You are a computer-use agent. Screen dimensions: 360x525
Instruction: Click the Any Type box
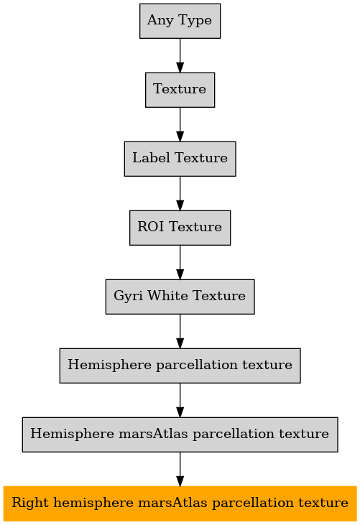(x=180, y=21)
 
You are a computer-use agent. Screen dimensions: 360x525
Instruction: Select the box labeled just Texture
(x=180, y=90)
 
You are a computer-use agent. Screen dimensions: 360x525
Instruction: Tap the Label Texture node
(x=180, y=159)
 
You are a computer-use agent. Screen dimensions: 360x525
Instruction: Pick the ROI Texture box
(x=180, y=228)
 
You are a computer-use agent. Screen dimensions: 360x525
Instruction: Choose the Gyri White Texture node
(x=180, y=297)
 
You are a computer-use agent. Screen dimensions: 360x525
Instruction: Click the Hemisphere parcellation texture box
(x=180, y=366)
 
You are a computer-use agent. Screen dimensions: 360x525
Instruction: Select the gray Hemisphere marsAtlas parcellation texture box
(x=180, y=435)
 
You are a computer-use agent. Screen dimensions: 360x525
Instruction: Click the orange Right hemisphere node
(x=180, y=503)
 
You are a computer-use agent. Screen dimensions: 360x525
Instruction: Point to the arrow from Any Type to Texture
(x=180, y=55)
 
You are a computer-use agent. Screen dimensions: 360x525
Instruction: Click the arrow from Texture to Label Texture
(x=180, y=124)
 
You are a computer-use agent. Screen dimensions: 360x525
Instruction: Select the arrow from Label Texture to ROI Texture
(x=180, y=193)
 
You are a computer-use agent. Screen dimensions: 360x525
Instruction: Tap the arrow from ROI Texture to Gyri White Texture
(x=180, y=263)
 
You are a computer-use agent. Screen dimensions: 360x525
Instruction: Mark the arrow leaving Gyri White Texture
(x=180, y=332)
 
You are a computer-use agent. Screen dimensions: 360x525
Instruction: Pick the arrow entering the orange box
(x=180, y=470)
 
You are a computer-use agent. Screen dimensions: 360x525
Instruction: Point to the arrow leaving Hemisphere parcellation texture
(x=180, y=401)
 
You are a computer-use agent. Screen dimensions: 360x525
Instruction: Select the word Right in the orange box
(x=30, y=503)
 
